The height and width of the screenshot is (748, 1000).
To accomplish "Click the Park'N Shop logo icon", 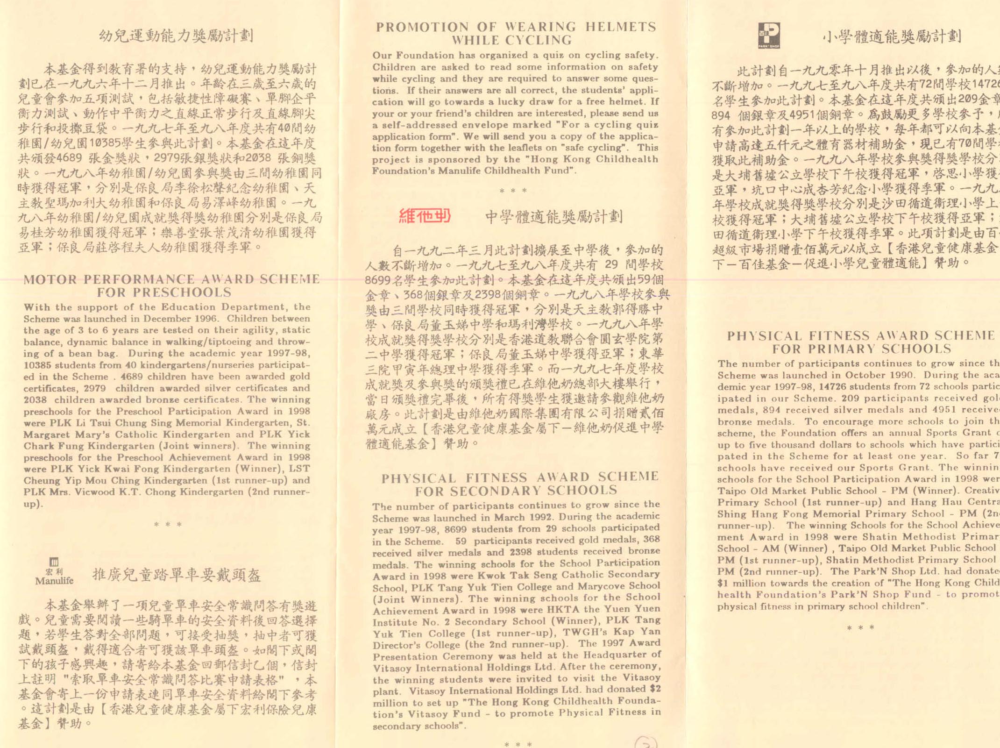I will click(x=769, y=35).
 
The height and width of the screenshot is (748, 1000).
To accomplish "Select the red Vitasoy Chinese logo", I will click(x=425, y=216).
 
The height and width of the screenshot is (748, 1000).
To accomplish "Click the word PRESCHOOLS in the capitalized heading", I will click(x=164, y=293).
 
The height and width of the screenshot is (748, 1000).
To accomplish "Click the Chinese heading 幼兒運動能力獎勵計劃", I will click(x=176, y=36).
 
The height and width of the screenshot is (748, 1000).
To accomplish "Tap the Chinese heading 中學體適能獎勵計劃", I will click(x=553, y=217).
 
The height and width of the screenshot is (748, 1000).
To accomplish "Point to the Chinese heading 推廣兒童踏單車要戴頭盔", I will click(x=177, y=575).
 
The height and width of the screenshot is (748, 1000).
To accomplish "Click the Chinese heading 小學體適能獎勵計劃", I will click(x=892, y=36).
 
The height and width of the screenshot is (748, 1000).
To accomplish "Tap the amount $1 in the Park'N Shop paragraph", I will click(x=723, y=584).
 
